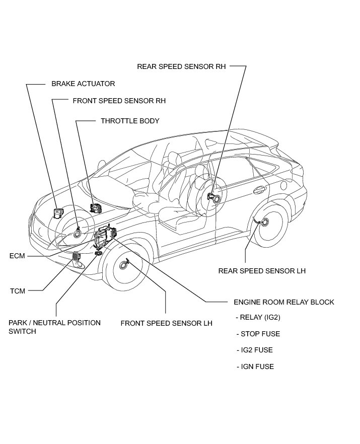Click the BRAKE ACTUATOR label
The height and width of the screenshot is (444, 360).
[x=83, y=84]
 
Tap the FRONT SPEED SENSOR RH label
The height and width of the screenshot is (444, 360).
[x=119, y=101]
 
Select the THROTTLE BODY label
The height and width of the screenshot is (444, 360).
[x=130, y=121]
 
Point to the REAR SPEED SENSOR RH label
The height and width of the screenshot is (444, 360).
[x=181, y=66]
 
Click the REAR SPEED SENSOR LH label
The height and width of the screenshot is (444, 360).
[x=262, y=271]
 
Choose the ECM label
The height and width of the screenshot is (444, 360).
[x=17, y=256]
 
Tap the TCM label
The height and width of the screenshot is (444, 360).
[x=17, y=290]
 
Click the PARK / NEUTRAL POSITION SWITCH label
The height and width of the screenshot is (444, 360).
[x=54, y=327]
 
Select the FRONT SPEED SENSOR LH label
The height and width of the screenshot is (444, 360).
[x=166, y=323]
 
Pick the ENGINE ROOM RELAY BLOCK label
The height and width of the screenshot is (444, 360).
[x=284, y=302]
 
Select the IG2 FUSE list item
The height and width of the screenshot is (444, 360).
[x=256, y=350]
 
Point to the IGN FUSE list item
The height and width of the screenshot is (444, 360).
[x=257, y=366]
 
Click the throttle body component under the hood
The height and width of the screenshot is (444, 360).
[x=95, y=207]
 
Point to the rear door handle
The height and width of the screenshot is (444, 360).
[x=260, y=190]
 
